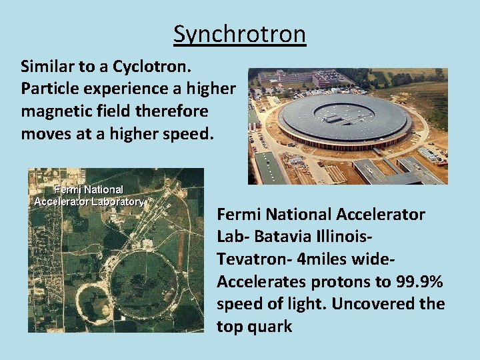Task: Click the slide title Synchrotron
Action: click(239, 33)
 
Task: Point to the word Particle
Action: click(47, 89)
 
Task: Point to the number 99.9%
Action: click(416, 281)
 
